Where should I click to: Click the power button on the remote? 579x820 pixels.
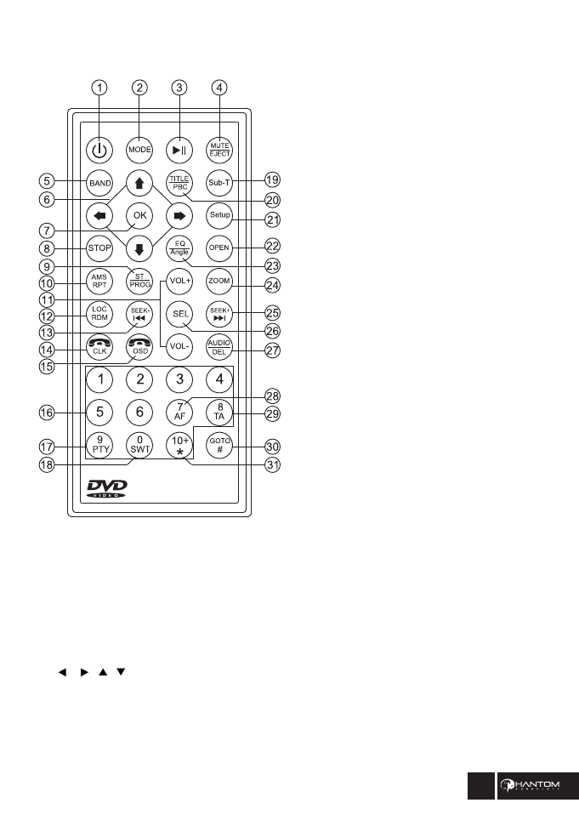pos(100,149)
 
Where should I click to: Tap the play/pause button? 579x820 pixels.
pos(179,149)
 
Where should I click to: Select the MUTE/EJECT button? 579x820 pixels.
pos(219,149)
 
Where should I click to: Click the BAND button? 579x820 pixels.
pos(99,181)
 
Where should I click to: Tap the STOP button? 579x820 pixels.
pos(99,249)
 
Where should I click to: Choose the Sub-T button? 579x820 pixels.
pos(219,181)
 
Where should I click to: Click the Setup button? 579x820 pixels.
pos(219,215)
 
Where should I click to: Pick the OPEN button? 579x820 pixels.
pos(219,248)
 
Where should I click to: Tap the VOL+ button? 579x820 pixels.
pos(179,280)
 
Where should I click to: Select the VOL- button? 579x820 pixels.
pos(179,346)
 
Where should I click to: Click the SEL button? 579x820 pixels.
pos(179,312)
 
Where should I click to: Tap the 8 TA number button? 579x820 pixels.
pos(219,412)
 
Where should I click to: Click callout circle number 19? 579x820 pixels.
pos(273,180)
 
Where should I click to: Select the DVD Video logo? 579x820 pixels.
pos(107,488)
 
